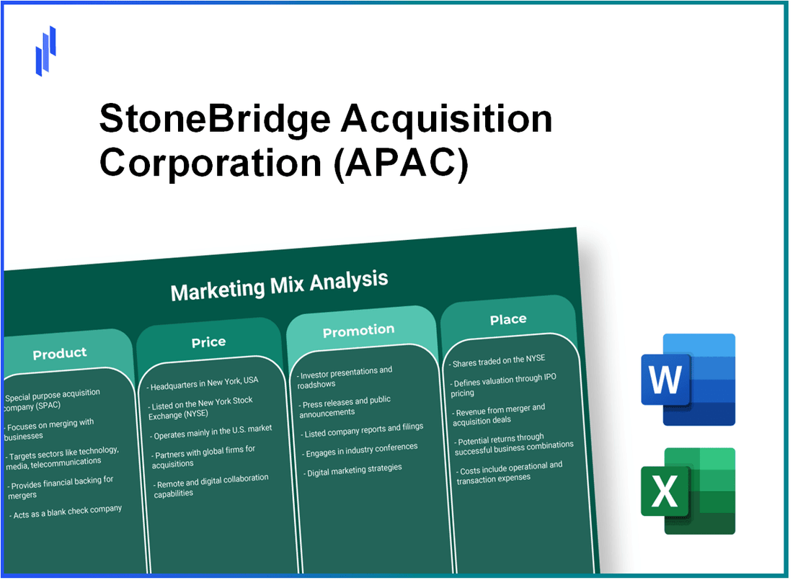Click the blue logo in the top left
(45, 50)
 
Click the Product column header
(60, 353)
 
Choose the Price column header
(208, 342)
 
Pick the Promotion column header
(358, 331)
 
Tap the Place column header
(508, 319)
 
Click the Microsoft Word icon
(687, 380)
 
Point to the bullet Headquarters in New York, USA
(204, 380)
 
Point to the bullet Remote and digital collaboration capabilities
(211, 486)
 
